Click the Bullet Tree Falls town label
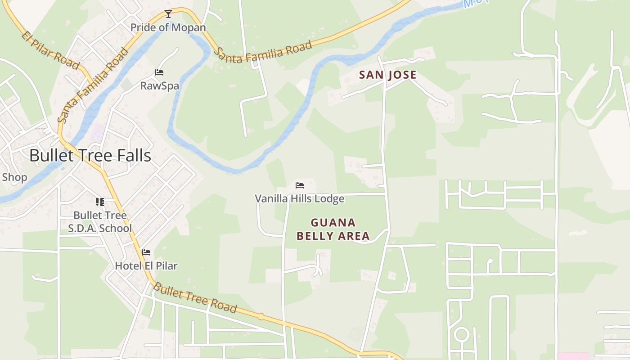(x=90, y=156)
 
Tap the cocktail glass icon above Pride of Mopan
(x=168, y=14)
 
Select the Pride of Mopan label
(x=168, y=27)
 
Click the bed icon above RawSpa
(x=159, y=72)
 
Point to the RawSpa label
(x=159, y=85)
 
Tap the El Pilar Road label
(x=51, y=49)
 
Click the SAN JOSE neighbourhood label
(x=387, y=75)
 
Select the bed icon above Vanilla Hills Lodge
(x=300, y=185)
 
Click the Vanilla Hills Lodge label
(x=300, y=198)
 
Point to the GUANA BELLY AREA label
(x=333, y=229)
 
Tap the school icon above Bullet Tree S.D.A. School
(x=100, y=202)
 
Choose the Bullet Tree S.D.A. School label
(x=100, y=222)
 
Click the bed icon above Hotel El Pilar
(x=146, y=252)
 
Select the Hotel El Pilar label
(x=146, y=265)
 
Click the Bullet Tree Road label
(x=194, y=297)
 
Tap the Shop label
(x=14, y=177)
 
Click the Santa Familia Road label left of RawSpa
(x=93, y=85)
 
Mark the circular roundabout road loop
(x=461, y=335)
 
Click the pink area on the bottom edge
(x=573, y=356)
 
